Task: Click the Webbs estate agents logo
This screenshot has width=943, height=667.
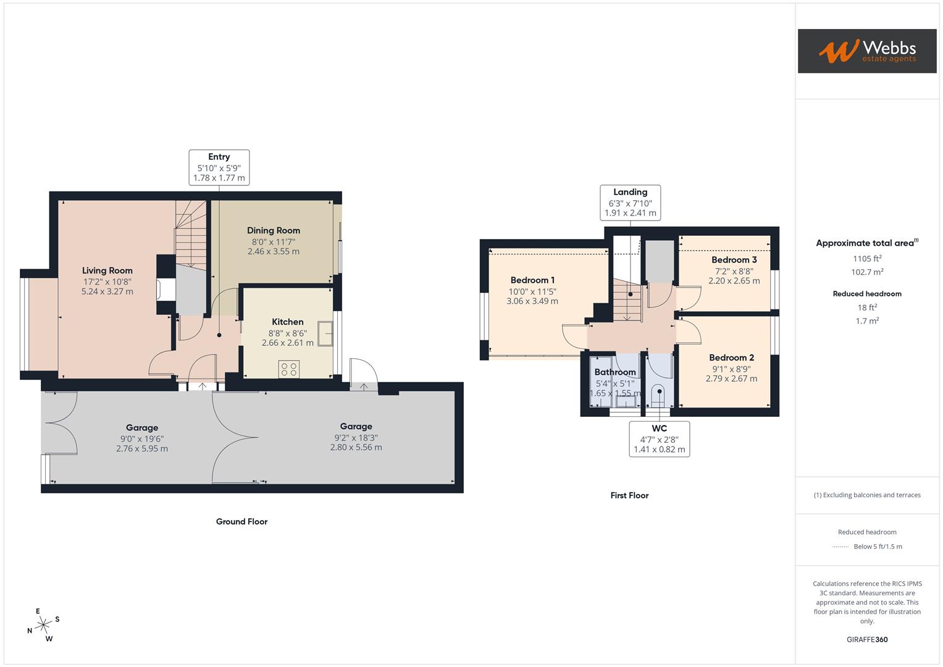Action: click(x=866, y=51)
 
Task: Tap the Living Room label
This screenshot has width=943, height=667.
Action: click(x=107, y=271)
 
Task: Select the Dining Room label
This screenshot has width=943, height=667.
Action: click(x=274, y=230)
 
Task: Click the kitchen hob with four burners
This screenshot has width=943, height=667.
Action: click(x=289, y=369)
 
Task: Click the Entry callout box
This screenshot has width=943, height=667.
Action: click(x=219, y=167)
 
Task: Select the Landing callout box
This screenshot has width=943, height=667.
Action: click(x=630, y=203)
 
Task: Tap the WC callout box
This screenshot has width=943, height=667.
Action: click(x=659, y=439)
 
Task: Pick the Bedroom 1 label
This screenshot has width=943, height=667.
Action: click(x=532, y=280)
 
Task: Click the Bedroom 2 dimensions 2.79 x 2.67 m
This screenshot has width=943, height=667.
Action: click(x=731, y=379)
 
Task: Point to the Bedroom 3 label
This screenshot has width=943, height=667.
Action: click(x=734, y=260)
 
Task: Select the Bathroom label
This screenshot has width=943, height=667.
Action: click(x=615, y=372)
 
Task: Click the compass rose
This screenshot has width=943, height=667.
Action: click(x=43, y=625)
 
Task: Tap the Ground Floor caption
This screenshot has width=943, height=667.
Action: click(x=241, y=522)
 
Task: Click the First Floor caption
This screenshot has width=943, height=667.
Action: click(x=629, y=495)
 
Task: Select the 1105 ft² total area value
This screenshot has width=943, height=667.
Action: click(x=867, y=259)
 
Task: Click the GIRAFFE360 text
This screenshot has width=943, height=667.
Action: click(x=867, y=639)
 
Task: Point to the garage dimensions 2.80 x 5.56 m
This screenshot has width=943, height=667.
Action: click(x=356, y=448)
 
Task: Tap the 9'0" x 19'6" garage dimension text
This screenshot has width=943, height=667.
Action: click(x=142, y=438)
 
